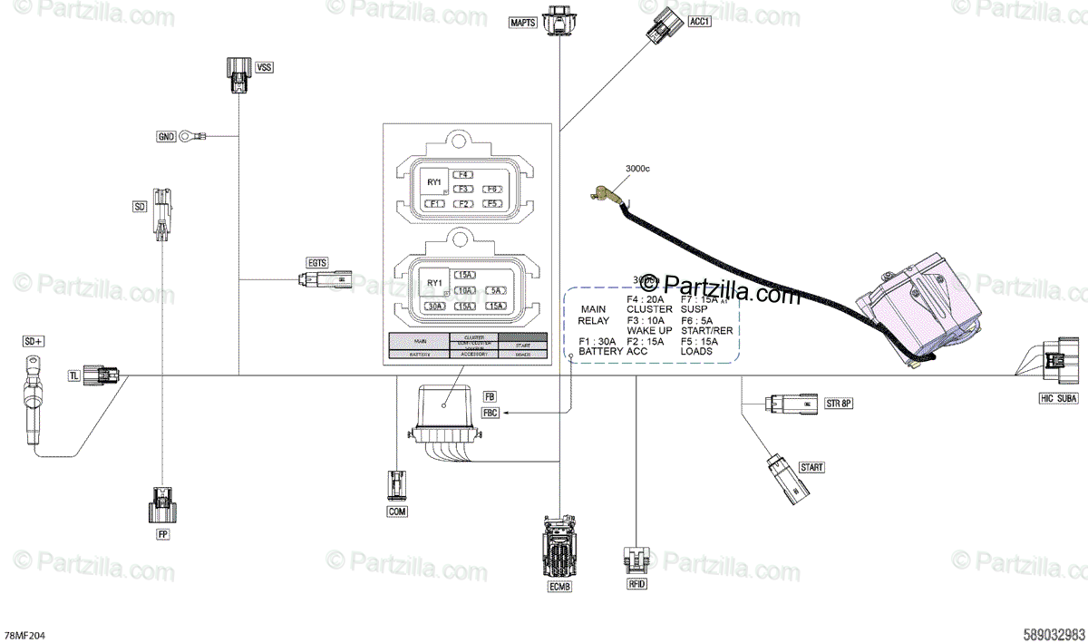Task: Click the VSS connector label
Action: pos(264,67)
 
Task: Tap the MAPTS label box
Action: pos(524,22)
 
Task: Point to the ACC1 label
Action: pos(699,22)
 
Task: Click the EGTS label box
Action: pos(316,263)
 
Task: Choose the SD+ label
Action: pos(34,341)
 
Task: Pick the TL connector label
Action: pos(75,375)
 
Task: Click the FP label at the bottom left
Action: pos(163,534)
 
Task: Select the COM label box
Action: pos(397,511)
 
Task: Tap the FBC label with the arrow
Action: pos(491,413)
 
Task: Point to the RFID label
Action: pos(636,585)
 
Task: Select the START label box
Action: pos(811,467)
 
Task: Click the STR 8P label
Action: pos(839,402)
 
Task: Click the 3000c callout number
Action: pos(638,169)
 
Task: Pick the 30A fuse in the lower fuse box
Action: pos(435,307)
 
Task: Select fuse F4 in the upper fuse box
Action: pos(463,173)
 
